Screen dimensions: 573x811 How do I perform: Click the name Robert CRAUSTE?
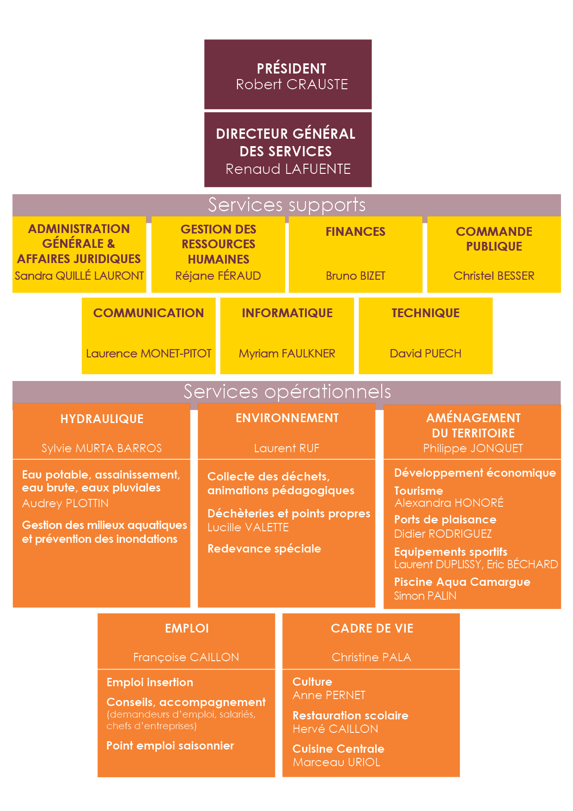(x=292, y=84)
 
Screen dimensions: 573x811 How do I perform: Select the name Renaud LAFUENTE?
(x=288, y=169)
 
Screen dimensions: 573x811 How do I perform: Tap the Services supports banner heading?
(x=286, y=205)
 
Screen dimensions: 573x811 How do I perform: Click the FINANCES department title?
(x=355, y=231)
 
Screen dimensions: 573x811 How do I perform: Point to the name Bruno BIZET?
(x=355, y=276)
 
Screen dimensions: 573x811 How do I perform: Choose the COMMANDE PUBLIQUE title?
(x=494, y=239)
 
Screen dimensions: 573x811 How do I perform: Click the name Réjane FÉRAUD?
(x=218, y=276)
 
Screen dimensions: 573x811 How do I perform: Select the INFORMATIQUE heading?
(x=287, y=313)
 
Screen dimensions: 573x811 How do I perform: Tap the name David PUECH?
(x=426, y=353)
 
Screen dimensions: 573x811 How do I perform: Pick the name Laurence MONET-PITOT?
(x=149, y=353)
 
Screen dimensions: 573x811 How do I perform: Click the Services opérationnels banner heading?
(x=287, y=392)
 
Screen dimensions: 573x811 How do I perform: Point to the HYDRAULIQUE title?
(x=102, y=419)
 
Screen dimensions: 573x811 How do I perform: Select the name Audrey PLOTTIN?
(x=65, y=503)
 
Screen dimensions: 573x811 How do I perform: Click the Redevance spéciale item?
(x=264, y=549)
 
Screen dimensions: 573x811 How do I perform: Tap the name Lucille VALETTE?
(x=248, y=527)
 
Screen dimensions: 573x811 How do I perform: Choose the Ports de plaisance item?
(x=445, y=520)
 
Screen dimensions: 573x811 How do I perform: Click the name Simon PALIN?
(x=425, y=596)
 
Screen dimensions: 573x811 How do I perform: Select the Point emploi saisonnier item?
(x=170, y=745)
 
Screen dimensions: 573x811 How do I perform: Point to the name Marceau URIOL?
(x=336, y=762)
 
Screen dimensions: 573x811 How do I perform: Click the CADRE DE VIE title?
(x=372, y=628)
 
